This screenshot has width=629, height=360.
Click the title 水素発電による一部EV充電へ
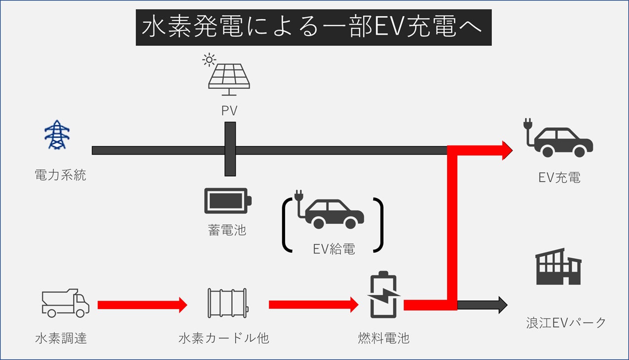[313, 28]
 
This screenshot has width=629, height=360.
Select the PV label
[229, 111]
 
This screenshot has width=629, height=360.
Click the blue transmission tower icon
[57, 135]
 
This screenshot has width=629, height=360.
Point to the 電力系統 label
[60, 175]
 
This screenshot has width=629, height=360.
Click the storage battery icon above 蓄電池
[228, 200]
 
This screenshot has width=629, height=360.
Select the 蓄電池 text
[227, 230]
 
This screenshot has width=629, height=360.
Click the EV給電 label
[334, 249]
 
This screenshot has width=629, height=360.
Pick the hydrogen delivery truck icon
[65, 303]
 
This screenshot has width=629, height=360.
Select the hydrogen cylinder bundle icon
[227, 303]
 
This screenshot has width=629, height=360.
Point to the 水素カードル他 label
[224, 338]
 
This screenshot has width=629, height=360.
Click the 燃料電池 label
[384, 338]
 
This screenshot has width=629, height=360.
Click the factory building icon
[558, 267]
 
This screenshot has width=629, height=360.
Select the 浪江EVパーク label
[566, 323]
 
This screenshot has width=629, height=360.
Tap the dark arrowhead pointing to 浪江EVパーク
[503, 305]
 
